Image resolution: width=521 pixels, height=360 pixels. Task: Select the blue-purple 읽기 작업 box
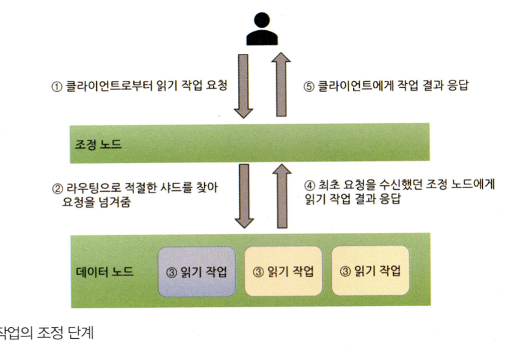point(196,271)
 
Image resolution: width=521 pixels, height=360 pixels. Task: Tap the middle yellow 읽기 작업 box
point(283,271)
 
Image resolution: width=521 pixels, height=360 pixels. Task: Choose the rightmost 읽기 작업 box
point(370,271)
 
